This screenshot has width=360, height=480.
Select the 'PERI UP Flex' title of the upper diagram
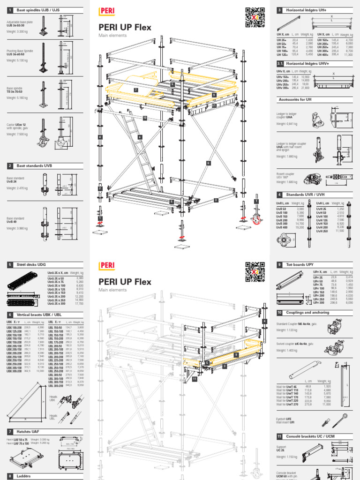coord(125,27)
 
